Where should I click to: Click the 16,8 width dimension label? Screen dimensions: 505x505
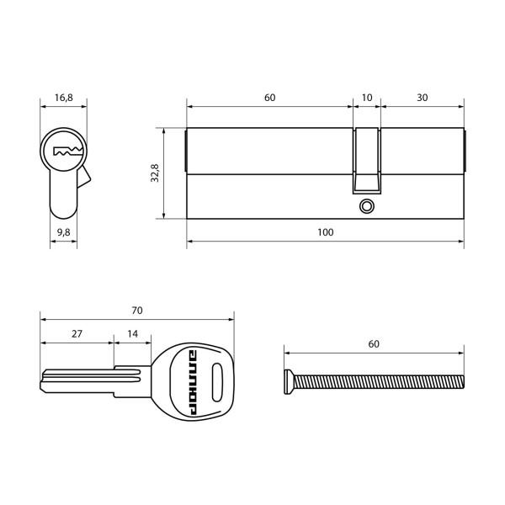point(64,98)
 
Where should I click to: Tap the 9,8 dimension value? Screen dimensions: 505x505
point(64,231)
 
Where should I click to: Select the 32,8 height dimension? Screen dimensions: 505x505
point(155,173)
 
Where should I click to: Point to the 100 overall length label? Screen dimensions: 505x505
point(325,231)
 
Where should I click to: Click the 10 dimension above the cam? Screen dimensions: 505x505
point(366,98)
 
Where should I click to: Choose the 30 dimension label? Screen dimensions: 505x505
point(422,98)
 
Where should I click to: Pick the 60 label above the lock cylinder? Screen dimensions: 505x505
point(269,98)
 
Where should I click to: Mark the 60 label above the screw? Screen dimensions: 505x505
point(374,343)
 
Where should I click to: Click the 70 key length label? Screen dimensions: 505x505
point(137,310)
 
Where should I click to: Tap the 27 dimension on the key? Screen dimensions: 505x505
point(77,333)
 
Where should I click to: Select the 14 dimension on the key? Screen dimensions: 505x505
point(133,333)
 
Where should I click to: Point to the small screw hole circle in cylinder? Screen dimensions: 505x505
point(366,205)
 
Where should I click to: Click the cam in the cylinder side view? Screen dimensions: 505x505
point(366,160)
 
